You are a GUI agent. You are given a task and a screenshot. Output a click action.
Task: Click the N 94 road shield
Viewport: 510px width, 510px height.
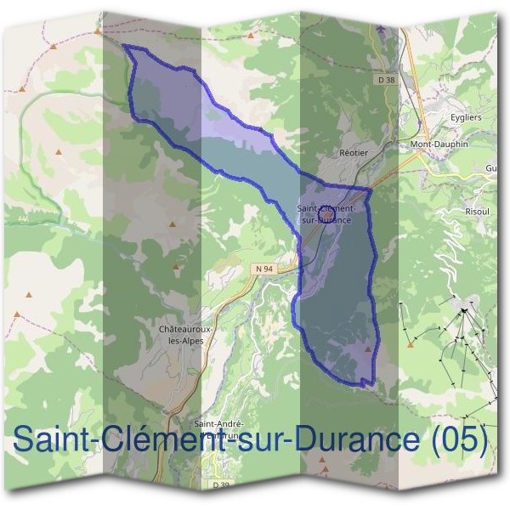pyautogui.click(x=263, y=269)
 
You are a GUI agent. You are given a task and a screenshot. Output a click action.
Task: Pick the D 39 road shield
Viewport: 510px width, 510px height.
pyautogui.click(x=220, y=484)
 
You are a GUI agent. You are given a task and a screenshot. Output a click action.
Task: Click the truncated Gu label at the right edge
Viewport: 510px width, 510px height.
pyautogui.click(x=490, y=168)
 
